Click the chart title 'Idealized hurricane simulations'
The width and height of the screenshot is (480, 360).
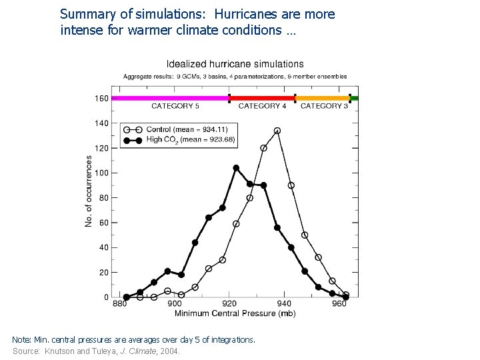(x=234, y=65)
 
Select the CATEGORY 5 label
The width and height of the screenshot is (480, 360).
(x=175, y=106)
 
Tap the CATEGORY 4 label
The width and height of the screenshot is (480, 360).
(x=262, y=106)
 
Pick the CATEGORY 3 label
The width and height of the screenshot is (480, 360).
(x=324, y=106)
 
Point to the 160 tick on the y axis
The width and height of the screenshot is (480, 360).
(x=101, y=99)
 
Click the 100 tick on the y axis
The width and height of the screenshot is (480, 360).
(x=101, y=173)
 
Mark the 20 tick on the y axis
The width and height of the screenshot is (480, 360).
(x=103, y=273)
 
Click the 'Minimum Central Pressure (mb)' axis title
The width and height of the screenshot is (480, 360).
(x=235, y=313)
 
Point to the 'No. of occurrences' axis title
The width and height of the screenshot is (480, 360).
(x=89, y=191)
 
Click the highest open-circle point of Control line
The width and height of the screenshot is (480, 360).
(x=277, y=131)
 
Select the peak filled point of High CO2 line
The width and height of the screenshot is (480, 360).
(x=236, y=168)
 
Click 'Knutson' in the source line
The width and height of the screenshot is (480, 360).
(x=59, y=351)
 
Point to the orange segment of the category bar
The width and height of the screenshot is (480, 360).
(x=323, y=98)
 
